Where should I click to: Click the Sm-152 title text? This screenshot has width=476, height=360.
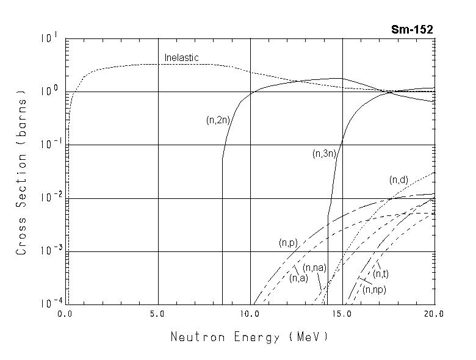point(413,30)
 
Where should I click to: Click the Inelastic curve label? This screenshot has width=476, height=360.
point(182,58)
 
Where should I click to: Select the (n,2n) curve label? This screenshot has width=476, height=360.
point(218,120)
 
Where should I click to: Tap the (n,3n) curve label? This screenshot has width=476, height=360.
point(324,154)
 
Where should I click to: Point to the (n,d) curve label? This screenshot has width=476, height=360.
point(398,180)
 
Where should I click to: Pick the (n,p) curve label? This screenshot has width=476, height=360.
point(288,243)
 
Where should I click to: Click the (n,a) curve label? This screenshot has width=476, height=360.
point(298,278)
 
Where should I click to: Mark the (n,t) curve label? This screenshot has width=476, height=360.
point(381,274)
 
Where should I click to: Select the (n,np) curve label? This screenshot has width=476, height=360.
point(374,290)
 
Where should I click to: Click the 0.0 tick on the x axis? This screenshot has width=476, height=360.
point(65,314)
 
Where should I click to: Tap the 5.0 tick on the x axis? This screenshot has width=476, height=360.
point(157,314)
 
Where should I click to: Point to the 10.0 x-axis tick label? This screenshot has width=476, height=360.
point(250,314)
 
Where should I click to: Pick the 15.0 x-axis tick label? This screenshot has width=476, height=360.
point(342,314)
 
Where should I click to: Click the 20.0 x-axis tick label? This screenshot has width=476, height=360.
point(435,314)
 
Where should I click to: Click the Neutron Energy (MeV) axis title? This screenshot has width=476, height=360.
point(249,336)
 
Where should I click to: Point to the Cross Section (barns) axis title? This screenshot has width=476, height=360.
point(22,172)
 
